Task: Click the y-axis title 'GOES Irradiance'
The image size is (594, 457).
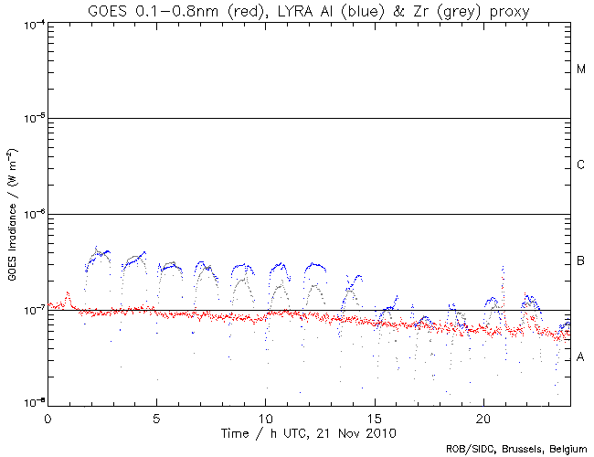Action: click(14, 214)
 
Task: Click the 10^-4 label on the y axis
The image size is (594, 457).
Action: click(33, 23)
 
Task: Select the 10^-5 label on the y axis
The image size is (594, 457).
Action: click(33, 119)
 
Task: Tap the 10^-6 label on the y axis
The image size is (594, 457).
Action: click(33, 215)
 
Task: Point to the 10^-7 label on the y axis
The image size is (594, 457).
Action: click(33, 311)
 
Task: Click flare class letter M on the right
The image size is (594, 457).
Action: click(581, 69)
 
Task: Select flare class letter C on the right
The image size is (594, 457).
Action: click(581, 165)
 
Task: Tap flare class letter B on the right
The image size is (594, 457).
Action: click(581, 262)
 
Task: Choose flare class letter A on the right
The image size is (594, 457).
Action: click(581, 357)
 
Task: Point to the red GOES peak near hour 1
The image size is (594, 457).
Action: click(68, 293)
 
